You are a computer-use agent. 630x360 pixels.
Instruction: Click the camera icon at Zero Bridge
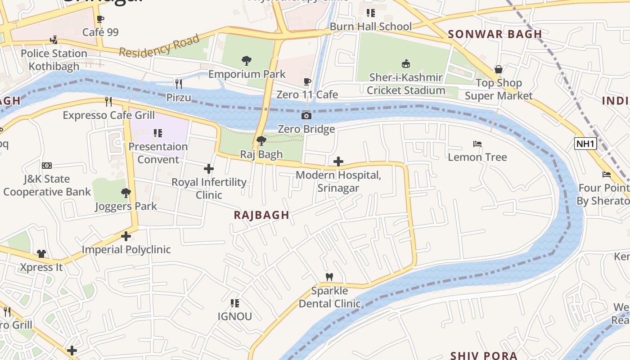[x=306, y=116]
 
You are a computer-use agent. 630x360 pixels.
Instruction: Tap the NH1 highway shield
[x=585, y=144]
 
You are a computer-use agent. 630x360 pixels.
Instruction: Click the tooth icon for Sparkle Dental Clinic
[x=329, y=277]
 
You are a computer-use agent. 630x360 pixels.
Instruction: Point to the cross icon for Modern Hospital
[x=338, y=162]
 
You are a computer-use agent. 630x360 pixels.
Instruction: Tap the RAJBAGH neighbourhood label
[x=261, y=215]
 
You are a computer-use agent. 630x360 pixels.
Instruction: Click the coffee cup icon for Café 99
[x=100, y=19]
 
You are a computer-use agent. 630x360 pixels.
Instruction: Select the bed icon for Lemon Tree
[x=477, y=144]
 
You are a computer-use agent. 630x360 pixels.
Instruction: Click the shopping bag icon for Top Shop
[x=499, y=69]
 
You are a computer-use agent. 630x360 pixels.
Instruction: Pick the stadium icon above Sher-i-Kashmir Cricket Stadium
[x=405, y=63]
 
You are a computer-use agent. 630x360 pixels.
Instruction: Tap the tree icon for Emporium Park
[x=246, y=60]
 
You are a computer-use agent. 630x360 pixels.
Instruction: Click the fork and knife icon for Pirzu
[x=179, y=84]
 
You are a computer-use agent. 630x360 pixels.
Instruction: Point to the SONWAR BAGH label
[x=495, y=34]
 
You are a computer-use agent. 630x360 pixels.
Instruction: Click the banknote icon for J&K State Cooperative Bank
[x=47, y=166]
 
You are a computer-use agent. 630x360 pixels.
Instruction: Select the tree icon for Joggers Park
[x=126, y=193]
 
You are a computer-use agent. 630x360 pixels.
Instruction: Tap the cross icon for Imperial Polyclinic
[x=126, y=236]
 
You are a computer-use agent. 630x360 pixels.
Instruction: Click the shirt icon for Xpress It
[x=41, y=254]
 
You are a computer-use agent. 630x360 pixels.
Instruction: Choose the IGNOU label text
[x=234, y=316]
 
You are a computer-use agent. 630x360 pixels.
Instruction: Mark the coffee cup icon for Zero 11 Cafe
[x=307, y=81]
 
